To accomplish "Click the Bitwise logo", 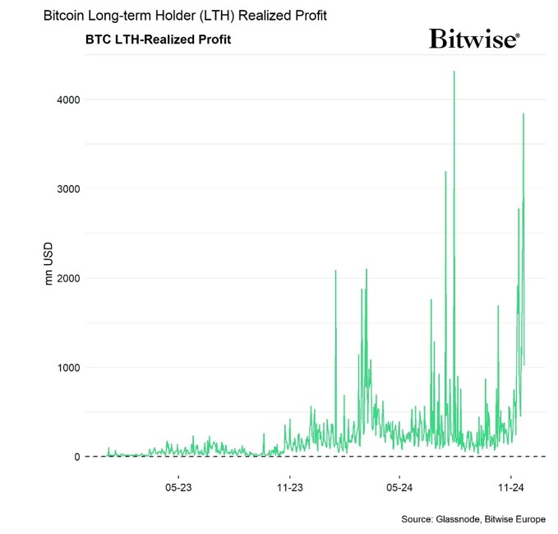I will pos(473,39).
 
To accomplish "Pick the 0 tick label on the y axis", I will pos(76,457).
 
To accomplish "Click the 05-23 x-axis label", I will pos(178,488).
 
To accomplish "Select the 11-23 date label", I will pos(289,488).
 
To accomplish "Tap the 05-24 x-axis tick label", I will pos(399,488).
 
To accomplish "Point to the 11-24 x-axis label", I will pos(510,488).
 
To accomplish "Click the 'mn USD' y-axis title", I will pos(48,263).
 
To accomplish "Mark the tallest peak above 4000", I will pos(454,72).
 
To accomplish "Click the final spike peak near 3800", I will pos(523,114).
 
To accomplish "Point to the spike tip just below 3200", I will pos(445,172).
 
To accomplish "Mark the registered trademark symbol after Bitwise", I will pos(517,35).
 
